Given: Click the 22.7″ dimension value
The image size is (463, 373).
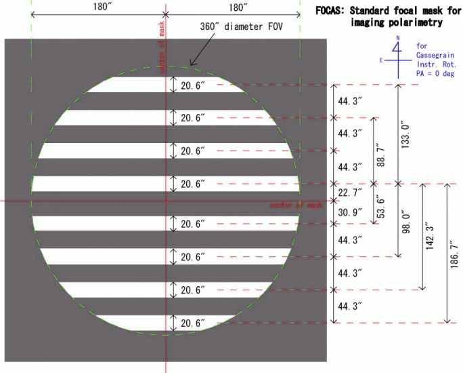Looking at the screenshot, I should point(351,193).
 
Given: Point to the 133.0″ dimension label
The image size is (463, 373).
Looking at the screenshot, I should point(405,134).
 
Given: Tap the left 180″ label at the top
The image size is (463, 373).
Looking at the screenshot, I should point(97,7).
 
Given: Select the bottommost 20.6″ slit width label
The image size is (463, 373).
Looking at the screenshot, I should point(192,323).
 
